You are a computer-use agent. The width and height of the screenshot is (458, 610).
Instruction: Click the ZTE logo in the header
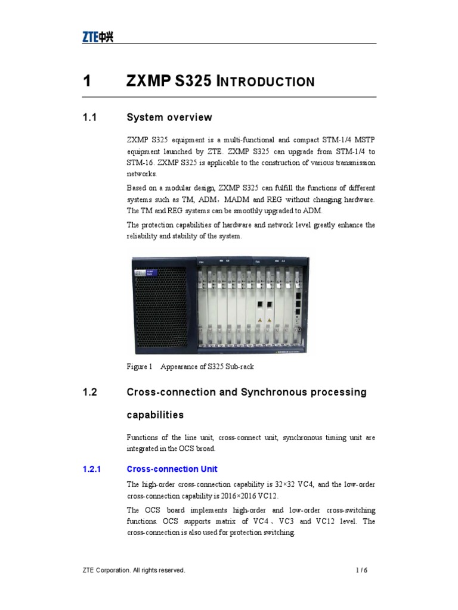[x=97, y=38]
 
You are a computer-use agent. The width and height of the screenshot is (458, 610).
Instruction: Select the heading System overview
[x=169, y=117]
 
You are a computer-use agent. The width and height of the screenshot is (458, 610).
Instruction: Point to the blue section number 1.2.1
[x=92, y=469]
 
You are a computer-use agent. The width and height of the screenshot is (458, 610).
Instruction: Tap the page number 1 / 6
[x=361, y=570]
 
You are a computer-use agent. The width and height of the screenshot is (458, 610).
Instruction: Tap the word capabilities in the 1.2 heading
[x=155, y=415]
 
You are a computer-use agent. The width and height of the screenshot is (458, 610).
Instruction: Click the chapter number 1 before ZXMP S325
[x=87, y=81]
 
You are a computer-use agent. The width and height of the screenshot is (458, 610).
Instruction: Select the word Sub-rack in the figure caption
[x=239, y=366]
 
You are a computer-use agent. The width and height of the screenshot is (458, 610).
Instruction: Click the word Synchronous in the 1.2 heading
[x=274, y=393]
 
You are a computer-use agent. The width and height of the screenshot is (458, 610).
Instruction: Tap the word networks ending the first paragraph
[x=142, y=174]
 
